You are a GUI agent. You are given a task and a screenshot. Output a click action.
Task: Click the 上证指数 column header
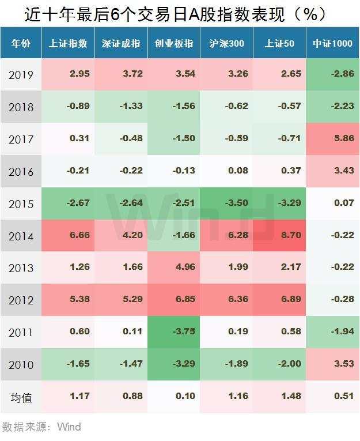pos(68,43)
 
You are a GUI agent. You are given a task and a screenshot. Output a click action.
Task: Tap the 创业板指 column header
pos(174,43)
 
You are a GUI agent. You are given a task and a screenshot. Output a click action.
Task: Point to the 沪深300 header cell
pos(226,43)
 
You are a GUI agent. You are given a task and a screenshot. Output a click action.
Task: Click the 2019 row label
pos(21,75)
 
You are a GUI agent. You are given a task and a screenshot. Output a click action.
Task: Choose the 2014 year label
pos(21,236)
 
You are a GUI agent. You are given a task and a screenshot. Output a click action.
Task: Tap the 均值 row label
pos(21,397)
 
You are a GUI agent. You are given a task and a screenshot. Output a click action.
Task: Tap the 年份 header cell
pos(21,43)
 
